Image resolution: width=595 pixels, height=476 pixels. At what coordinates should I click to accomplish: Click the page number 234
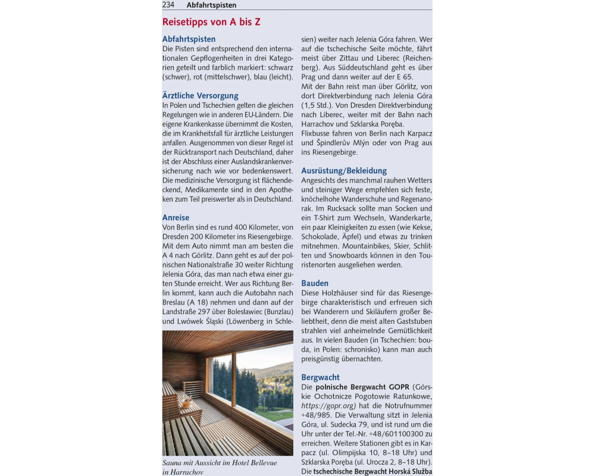[x=168, y=5]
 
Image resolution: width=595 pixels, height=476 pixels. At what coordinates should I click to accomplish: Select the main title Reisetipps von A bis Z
[x=211, y=22]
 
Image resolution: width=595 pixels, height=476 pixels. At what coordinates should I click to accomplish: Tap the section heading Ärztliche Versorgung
[x=200, y=95]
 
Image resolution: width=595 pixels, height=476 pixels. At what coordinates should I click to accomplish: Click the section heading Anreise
[x=176, y=218]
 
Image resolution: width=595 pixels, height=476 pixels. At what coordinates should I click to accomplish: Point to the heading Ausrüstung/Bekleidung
[x=344, y=171]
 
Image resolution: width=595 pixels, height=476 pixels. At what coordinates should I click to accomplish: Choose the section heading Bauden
[x=315, y=283]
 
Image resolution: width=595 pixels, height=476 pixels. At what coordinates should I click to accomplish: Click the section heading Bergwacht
[x=320, y=377]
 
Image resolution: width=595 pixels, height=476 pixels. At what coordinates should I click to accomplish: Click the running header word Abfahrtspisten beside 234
[x=211, y=5]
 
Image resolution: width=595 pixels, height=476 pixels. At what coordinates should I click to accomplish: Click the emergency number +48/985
[x=318, y=415]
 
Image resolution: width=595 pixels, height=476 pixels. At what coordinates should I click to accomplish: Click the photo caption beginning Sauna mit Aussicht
[x=219, y=467]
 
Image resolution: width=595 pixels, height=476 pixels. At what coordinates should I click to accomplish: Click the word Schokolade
[x=324, y=236]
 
